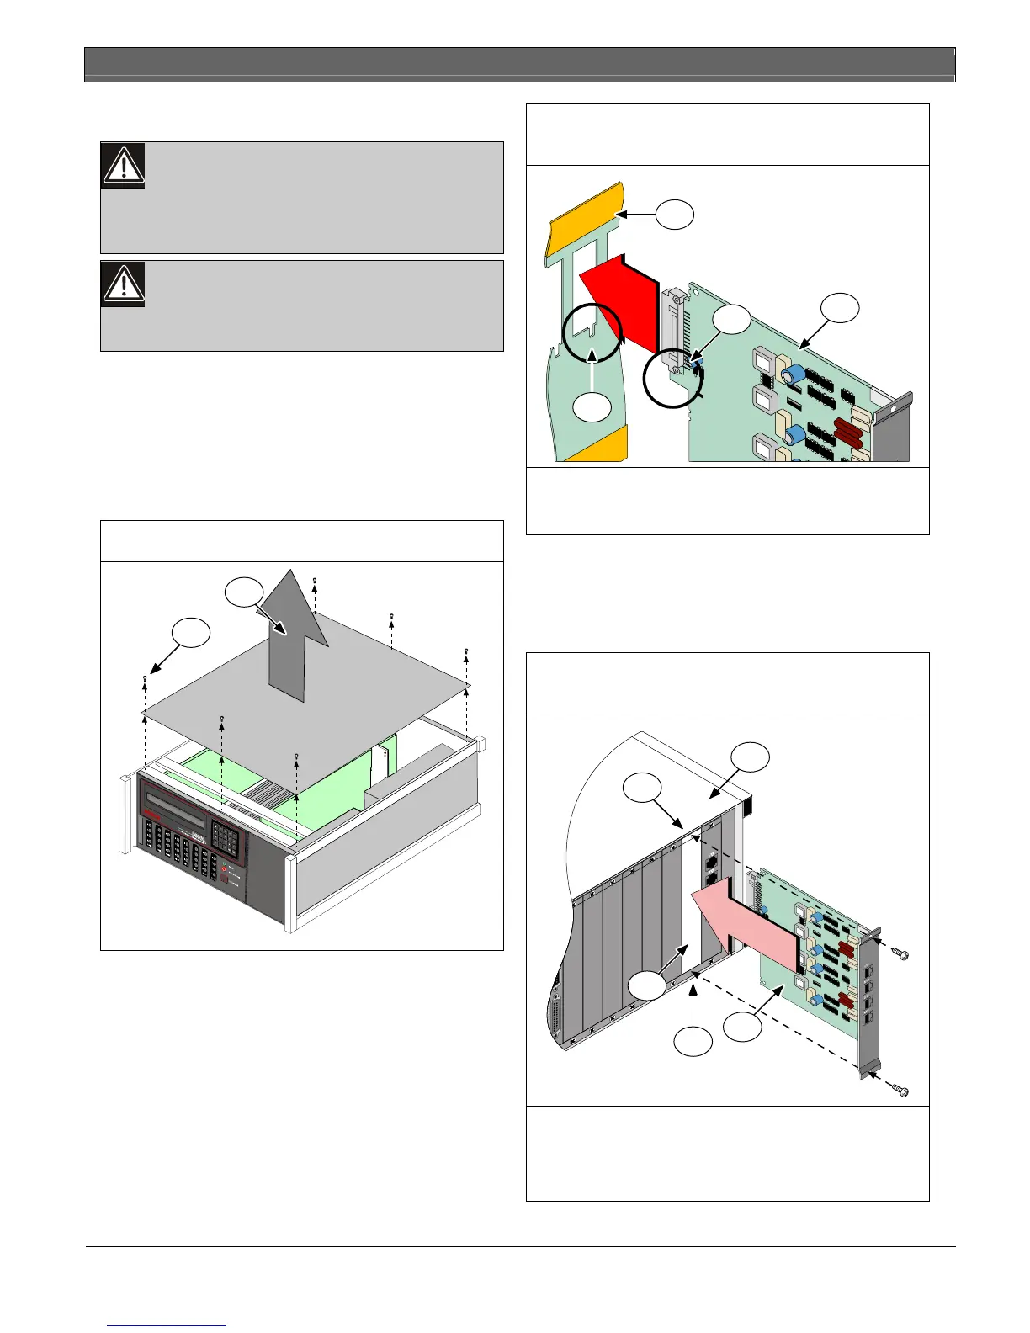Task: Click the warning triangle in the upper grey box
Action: pos(123,165)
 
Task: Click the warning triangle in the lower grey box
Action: pos(123,284)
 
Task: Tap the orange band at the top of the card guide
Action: pos(585,215)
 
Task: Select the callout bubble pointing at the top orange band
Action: pos(676,215)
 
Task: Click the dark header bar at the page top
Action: pos(519,65)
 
